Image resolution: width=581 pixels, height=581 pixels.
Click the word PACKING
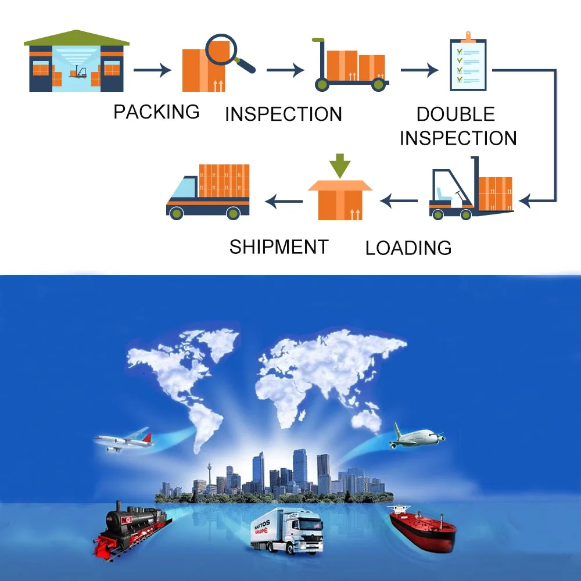[x=156, y=112]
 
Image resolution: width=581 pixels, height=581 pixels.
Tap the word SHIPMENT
[x=279, y=247]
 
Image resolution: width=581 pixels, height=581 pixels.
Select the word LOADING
[x=408, y=248]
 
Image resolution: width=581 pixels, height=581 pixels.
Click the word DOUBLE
[x=456, y=114]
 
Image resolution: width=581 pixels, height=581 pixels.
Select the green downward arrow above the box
[x=339, y=164]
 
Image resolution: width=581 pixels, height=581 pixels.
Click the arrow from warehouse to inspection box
[x=152, y=71]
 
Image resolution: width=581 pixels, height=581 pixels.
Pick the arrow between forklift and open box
[x=399, y=202]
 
